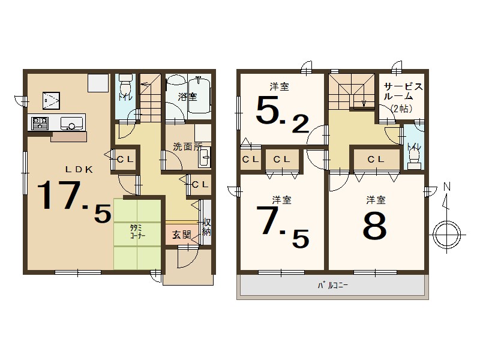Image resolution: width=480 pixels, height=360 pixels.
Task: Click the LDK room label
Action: pos(79,170)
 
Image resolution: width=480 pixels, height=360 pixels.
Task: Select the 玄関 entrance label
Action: pos(182,235)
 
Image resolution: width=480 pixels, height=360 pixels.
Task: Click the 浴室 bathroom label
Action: pos(187,97)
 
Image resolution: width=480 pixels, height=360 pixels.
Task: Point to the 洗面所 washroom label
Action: pos(187,146)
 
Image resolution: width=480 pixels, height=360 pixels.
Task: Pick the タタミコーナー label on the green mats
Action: pos(137,232)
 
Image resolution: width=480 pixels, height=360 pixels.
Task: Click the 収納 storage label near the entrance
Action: pos(206,227)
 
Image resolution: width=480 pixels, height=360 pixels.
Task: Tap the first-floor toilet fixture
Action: pos(125,86)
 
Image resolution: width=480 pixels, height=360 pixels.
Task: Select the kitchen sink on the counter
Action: pos(71,124)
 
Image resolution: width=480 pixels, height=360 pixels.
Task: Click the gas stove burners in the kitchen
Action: pos(40,123)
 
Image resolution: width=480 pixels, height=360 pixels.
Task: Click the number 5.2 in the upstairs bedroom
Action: pos(282,114)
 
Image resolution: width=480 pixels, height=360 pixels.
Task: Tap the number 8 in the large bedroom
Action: pos(375,226)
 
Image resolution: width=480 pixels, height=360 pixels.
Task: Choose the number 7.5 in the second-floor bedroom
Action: pos(282,227)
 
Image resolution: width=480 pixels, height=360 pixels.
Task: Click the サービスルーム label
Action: pos(403,91)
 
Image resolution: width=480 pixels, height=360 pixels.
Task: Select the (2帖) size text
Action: pos(401,109)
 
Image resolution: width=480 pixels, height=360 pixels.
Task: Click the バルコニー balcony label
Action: pos(333,286)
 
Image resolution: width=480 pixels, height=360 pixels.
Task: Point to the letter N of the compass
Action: pos(448,186)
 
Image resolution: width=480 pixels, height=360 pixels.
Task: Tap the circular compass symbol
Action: pos(447,235)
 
